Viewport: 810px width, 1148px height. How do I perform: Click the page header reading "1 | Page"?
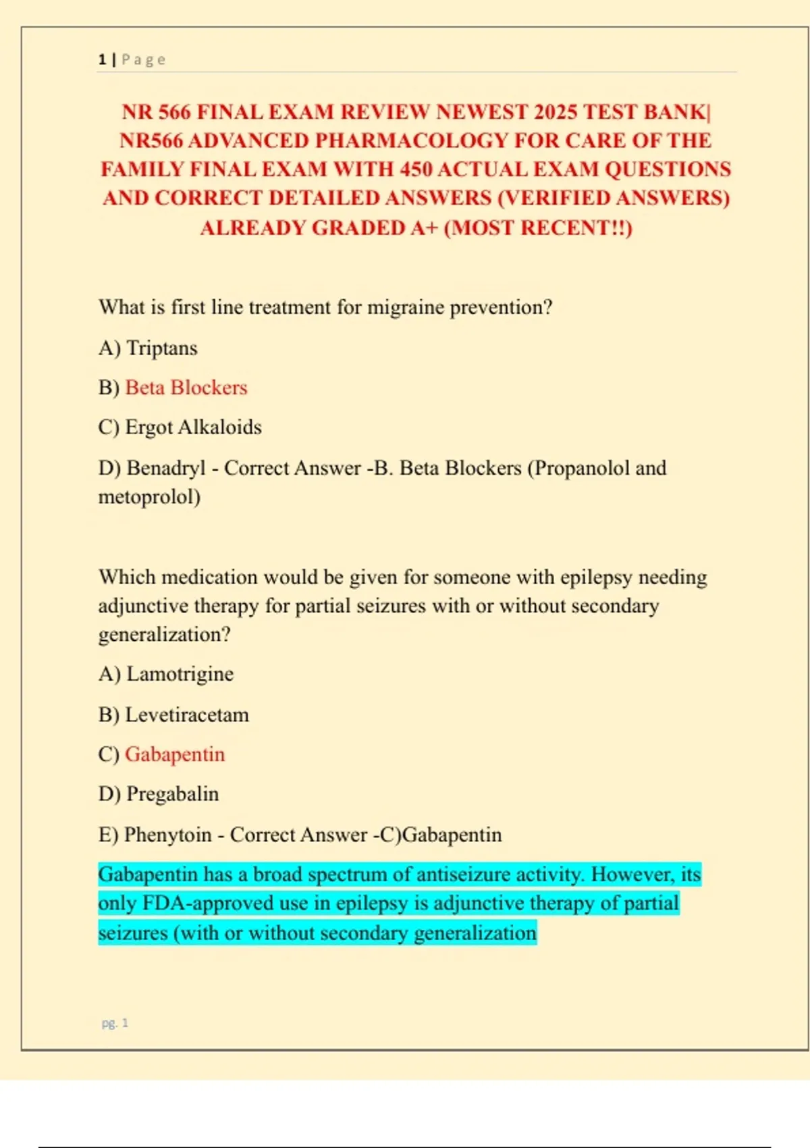pyautogui.click(x=132, y=59)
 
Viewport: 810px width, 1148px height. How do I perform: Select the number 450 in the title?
pyautogui.click(x=415, y=169)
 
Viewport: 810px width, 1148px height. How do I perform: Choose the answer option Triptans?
pyautogui.click(x=162, y=348)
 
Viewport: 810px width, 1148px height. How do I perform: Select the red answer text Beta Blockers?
pyautogui.click(x=186, y=388)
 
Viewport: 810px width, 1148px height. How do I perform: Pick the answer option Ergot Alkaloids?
pyautogui.click(x=193, y=427)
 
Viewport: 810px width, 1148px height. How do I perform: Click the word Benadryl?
pyautogui.click(x=165, y=468)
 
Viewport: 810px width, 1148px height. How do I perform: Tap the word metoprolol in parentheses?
pyautogui.click(x=148, y=497)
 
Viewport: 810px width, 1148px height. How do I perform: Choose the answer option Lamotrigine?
pyautogui.click(x=180, y=674)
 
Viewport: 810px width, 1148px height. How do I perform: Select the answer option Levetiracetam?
pyautogui.click(x=187, y=714)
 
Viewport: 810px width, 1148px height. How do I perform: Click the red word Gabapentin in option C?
pyautogui.click(x=175, y=754)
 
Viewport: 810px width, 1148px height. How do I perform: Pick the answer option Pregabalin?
pyautogui.click(x=172, y=794)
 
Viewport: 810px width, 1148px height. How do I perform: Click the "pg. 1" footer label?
pyautogui.click(x=115, y=1023)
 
